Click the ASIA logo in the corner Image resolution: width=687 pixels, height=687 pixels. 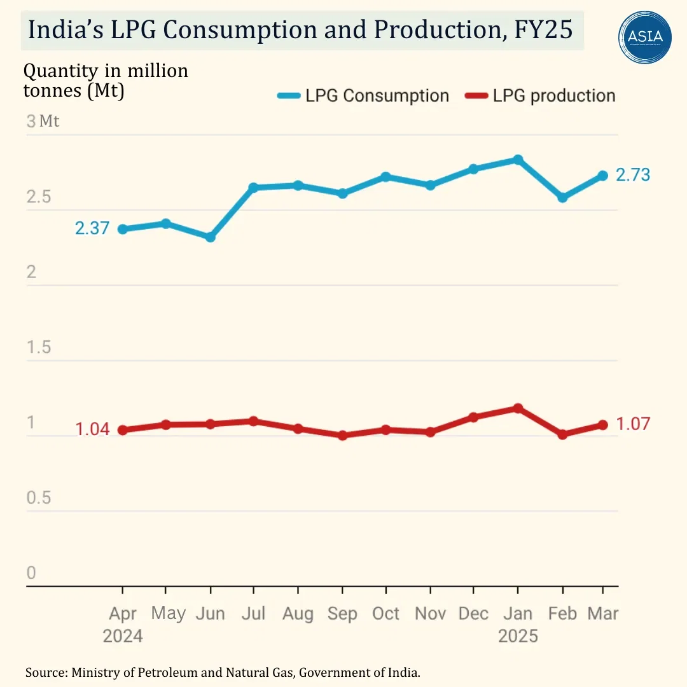(x=645, y=37)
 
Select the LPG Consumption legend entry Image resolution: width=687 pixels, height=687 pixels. (x=363, y=96)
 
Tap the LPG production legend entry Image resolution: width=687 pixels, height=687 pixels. (x=540, y=96)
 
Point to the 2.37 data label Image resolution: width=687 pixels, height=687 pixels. (x=92, y=228)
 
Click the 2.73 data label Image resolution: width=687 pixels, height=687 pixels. (x=633, y=175)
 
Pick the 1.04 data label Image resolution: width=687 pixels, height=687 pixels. (x=92, y=429)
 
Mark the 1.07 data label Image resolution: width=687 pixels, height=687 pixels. (x=633, y=424)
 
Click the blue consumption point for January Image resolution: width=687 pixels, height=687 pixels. (x=518, y=160)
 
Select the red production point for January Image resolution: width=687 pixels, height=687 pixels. (x=518, y=408)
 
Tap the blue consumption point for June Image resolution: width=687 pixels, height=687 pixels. (x=211, y=237)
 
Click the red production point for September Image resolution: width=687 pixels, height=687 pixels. (x=343, y=436)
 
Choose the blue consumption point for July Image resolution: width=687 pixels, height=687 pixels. (x=254, y=188)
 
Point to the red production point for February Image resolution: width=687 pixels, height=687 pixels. (x=562, y=434)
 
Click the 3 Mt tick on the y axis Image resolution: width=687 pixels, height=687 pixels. (x=43, y=121)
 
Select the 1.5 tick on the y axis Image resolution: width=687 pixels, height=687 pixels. (x=39, y=347)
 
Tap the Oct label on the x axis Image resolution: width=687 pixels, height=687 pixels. (x=386, y=614)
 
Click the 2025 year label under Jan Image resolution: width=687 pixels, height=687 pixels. (x=518, y=636)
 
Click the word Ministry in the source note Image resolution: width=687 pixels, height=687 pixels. (x=96, y=672)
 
